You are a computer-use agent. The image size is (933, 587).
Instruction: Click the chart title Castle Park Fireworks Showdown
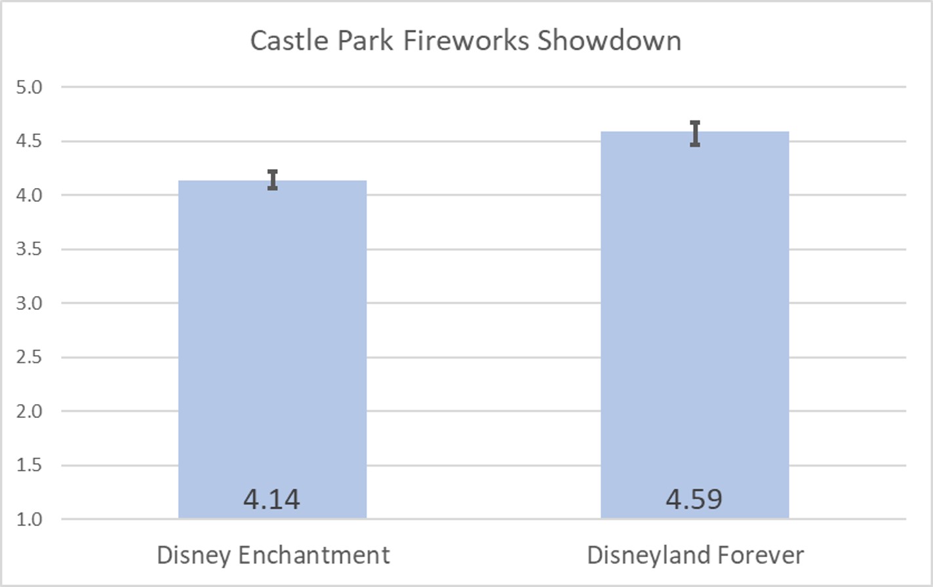(x=466, y=41)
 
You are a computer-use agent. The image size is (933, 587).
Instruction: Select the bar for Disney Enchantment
(x=272, y=349)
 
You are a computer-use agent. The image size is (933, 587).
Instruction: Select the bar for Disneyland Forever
(x=695, y=325)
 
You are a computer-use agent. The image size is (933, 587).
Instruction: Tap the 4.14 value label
(x=271, y=499)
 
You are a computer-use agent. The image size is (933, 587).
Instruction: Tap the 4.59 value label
(x=694, y=499)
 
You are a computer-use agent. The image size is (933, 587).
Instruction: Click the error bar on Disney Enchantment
(x=272, y=180)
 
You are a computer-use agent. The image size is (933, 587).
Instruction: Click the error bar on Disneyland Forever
(x=695, y=134)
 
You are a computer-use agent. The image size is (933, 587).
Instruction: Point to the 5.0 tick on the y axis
(x=29, y=87)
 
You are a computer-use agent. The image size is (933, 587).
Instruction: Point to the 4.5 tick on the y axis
(x=29, y=142)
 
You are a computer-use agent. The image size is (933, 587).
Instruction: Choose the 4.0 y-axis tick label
(x=29, y=195)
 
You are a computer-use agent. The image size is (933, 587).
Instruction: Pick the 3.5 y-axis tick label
(x=29, y=250)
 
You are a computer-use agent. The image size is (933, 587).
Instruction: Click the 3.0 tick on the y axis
(x=29, y=303)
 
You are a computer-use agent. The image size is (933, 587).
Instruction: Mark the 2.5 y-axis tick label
(x=29, y=358)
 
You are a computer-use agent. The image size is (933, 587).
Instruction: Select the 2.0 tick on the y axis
(x=29, y=411)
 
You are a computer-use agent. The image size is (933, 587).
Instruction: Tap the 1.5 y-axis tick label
(x=29, y=465)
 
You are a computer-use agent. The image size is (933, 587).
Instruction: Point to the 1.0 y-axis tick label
(x=29, y=520)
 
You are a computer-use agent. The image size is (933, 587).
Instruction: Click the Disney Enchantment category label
(x=273, y=556)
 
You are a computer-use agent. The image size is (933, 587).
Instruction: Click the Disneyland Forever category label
(x=695, y=556)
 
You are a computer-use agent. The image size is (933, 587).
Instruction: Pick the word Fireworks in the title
(x=467, y=41)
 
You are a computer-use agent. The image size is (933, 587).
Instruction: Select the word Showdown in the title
(x=610, y=41)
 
